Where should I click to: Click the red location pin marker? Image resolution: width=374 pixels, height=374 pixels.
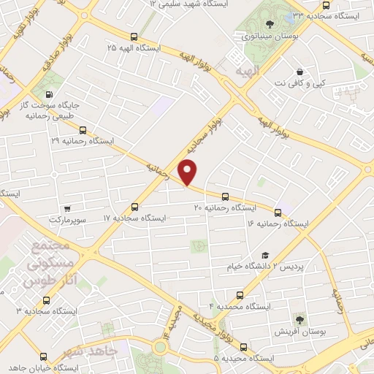tap(188, 172)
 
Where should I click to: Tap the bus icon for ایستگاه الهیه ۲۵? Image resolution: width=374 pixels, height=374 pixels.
tap(133, 36)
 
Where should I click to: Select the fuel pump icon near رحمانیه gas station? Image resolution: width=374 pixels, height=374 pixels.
tap(50, 94)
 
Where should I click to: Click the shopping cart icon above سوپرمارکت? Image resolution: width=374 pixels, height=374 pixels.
tap(67, 207)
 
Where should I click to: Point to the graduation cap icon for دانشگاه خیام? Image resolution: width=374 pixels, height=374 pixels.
tap(265, 256)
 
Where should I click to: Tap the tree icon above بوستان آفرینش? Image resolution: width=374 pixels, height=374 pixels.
tap(300, 319)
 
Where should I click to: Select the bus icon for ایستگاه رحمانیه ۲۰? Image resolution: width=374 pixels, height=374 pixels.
tap(225, 196)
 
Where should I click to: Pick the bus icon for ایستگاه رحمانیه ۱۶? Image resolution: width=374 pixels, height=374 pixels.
tap(278, 213)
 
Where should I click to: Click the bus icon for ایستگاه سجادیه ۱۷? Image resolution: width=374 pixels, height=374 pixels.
tap(134, 207)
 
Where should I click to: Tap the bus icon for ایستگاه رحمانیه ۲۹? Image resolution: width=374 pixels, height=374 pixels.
tap(81, 131)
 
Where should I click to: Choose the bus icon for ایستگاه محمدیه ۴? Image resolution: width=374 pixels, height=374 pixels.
tap(240, 295)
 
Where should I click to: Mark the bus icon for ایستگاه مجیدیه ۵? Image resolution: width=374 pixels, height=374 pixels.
tap(243, 347)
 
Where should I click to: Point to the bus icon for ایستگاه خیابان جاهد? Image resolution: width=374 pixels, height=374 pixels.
tap(43, 358)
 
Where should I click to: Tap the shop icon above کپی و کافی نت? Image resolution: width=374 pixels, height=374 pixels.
tap(300, 72)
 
